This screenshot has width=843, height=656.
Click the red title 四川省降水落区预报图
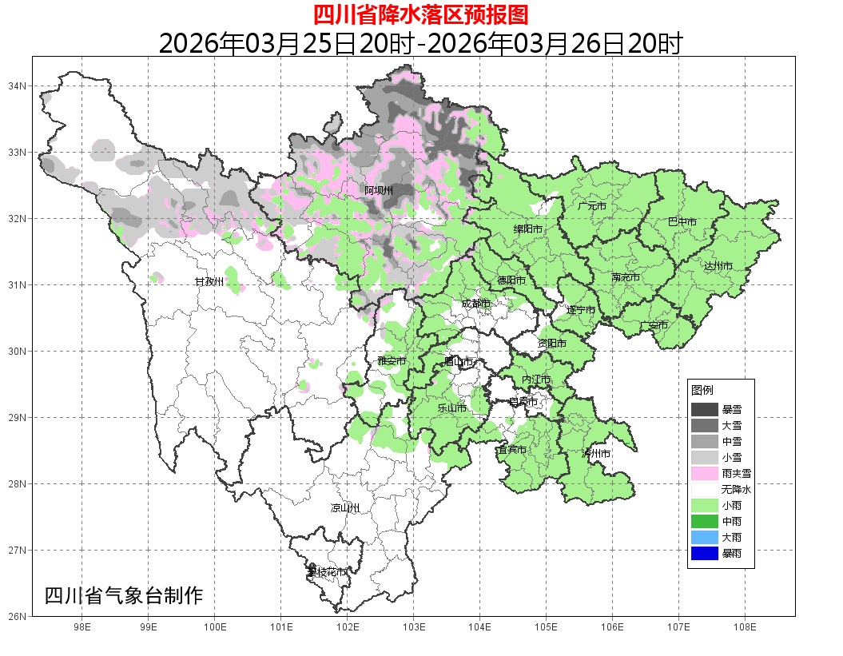[x=420, y=14]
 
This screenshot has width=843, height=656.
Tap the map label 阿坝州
[x=379, y=190]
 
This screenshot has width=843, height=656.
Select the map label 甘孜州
[x=209, y=282]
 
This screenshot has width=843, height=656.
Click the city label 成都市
[x=476, y=304]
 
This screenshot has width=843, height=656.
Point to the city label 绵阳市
[x=528, y=229]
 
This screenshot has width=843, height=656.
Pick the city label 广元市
[x=592, y=206]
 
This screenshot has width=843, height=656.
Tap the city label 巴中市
[x=682, y=222]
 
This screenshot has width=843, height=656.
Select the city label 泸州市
[x=596, y=454]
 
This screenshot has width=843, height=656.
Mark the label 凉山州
[x=345, y=508]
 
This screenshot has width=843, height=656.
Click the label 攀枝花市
[x=327, y=572]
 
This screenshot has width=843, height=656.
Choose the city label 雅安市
[x=392, y=361]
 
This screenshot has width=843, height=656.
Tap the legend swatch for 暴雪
[x=705, y=410]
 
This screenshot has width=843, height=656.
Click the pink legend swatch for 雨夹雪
[x=705, y=474]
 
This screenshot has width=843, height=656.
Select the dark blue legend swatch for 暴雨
[x=705, y=553]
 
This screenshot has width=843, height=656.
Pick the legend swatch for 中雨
[x=705, y=521]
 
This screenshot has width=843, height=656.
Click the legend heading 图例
[x=702, y=390]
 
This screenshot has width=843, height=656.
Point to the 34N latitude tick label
[x=18, y=85]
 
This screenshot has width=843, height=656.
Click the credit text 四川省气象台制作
[x=124, y=595]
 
